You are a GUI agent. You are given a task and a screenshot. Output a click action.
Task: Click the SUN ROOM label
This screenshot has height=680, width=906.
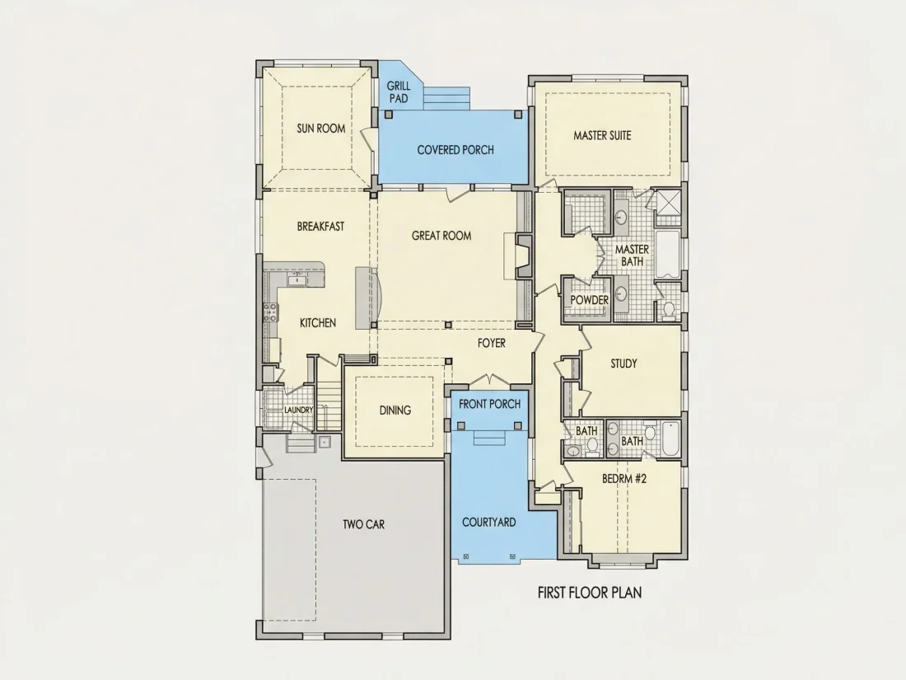[321, 129]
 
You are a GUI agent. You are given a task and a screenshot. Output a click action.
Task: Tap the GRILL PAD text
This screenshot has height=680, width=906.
[399, 92]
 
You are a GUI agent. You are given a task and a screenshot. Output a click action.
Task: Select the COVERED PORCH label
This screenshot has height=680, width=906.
[455, 150]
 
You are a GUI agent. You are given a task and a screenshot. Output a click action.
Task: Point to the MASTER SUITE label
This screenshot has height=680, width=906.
[602, 135]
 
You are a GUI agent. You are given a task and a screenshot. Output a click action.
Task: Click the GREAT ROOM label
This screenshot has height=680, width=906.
[441, 236]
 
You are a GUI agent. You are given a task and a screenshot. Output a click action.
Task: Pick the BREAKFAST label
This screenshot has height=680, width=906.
[320, 227]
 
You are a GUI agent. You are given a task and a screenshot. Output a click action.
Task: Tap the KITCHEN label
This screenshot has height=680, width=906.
[318, 322]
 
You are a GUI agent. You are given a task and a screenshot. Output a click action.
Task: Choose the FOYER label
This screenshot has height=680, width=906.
[492, 343]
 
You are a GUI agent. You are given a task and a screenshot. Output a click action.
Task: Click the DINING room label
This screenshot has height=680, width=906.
[395, 410]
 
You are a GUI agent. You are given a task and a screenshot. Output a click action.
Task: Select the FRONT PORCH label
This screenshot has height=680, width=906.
[489, 404]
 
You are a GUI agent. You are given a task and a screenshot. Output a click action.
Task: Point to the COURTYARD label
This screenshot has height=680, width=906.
[488, 522]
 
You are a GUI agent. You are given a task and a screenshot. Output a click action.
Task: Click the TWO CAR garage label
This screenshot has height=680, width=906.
[363, 524]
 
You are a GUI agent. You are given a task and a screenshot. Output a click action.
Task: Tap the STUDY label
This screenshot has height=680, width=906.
[624, 363]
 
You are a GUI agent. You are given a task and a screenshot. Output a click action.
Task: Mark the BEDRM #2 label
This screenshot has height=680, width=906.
[624, 479]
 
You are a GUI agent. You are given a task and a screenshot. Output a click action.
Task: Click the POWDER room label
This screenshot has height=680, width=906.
[590, 300]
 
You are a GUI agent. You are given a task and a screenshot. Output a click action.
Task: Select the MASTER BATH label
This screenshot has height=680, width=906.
[632, 256]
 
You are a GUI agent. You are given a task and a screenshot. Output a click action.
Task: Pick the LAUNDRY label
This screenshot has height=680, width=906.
[299, 410]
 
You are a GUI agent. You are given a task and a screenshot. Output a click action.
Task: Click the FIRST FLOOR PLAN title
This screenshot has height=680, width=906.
[590, 593]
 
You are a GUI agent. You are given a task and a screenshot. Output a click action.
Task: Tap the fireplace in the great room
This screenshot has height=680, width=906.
[524, 256]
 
